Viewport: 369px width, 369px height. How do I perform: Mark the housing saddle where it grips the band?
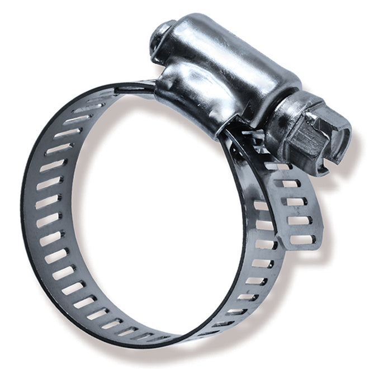[x=190, y=103]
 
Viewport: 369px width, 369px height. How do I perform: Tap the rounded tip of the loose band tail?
[x=305, y=244]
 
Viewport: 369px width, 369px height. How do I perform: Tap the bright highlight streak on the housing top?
[x=235, y=45]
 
